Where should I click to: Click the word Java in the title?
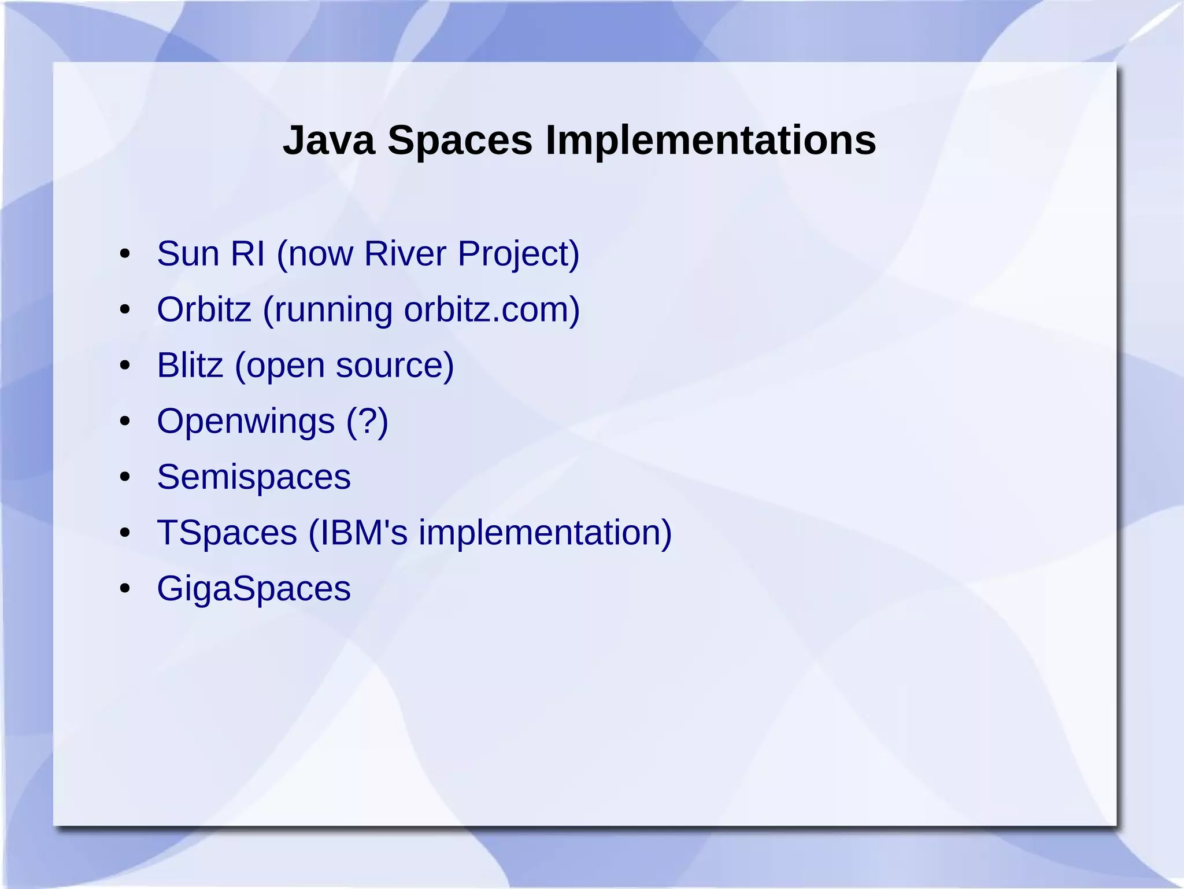[x=328, y=141]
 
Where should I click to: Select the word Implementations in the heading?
[x=711, y=141]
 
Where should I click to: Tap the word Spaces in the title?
[x=460, y=141]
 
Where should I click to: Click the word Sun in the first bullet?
[x=188, y=253]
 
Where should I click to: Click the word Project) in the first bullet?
[x=518, y=254]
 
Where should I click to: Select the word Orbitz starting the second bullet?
[x=203, y=309]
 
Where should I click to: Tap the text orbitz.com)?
[x=491, y=309]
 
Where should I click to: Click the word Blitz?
[x=190, y=365]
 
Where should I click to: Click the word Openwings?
[x=246, y=421]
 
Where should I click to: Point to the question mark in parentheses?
[x=368, y=421]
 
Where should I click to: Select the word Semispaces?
[x=253, y=477]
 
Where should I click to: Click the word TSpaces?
[x=227, y=532]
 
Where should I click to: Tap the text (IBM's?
[x=358, y=532]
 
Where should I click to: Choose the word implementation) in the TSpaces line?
[x=545, y=532]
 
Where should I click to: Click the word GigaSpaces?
[x=253, y=588]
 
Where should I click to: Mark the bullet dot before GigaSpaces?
[x=124, y=589]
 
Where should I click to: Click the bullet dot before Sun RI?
[x=124, y=254]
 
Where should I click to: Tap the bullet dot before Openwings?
[x=124, y=422]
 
